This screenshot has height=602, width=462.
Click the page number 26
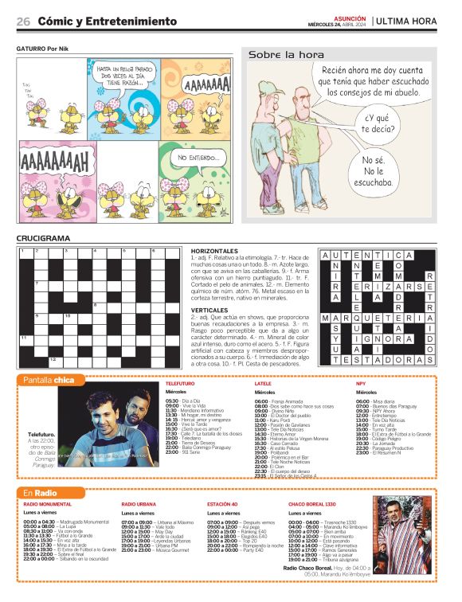[24, 21]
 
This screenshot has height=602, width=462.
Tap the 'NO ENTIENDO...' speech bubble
[194, 158]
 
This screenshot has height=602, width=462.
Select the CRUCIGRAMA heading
[43, 238]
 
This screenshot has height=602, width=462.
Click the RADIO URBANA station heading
[139, 505]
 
